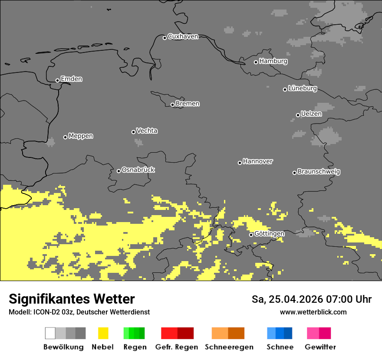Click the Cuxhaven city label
tap(183, 36)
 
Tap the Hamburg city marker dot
tap(256, 62)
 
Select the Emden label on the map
tap(71, 79)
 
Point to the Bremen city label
tap(188, 104)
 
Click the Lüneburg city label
tap(303, 88)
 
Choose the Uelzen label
tap(311, 114)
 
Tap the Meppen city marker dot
tap(65, 137)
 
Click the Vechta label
tap(147, 131)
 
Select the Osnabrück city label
tap(138, 170)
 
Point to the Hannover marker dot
tap(240, 163)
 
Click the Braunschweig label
tap(319, 171)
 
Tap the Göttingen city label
tap(269, 233)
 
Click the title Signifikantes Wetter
tap(72, 299)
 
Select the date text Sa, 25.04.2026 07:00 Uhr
tap(311, 299)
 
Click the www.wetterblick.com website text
tap(313, 312)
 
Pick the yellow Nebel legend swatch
tap(103, 333)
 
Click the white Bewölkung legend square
tap(50, 333)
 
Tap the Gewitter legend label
tap(320, 347)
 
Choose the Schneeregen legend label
tap(229, 347)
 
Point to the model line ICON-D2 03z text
tap(79, 312)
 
